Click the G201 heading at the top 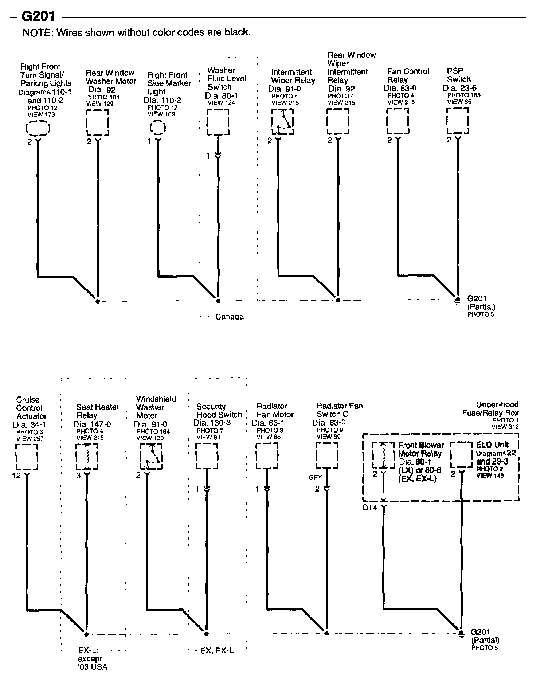(x=38, y=16)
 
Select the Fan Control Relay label (x=408, y=75)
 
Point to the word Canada (x=229, y=317)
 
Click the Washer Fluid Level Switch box (x=218, y=122)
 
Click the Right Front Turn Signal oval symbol (x=38, y=128)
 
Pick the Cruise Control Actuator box (x=27, y=457)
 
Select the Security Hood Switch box (x=207, y=456)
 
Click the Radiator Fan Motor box (x=267, y=455)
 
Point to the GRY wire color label (x=315, y=477)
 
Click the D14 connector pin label (x=369, y=507)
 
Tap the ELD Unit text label (x=492, y=445)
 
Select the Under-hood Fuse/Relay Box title (x=490, y=409)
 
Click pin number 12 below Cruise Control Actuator (x=16, y=476)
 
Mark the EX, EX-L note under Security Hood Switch (x=217, y=651)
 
